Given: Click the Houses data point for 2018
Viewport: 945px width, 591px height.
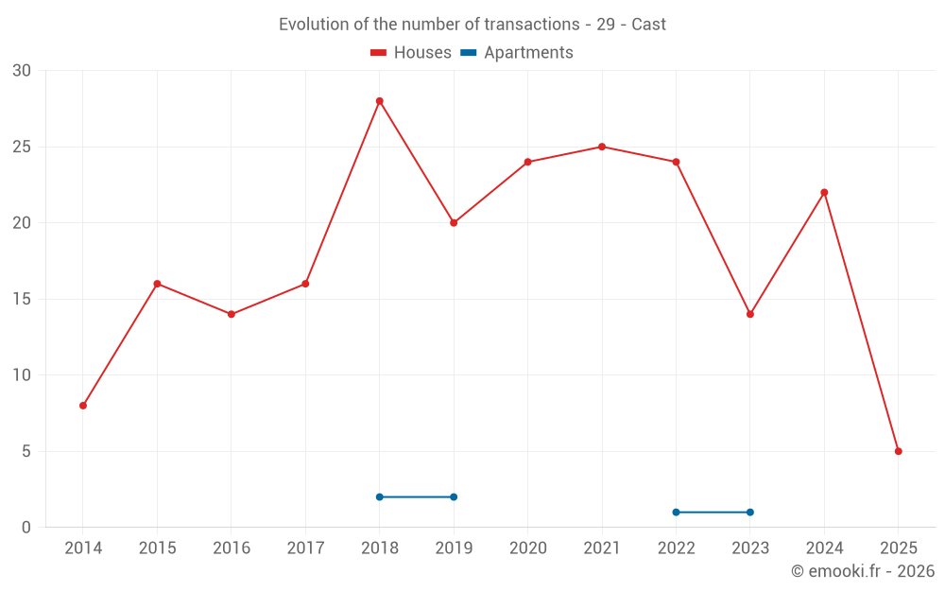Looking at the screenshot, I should tap(379, 101).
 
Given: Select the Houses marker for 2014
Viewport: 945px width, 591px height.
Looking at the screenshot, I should tap(83, 406).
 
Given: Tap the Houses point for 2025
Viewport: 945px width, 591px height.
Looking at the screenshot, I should tap(898, 451).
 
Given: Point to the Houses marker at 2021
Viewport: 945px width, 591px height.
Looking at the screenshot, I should tap(602, 147).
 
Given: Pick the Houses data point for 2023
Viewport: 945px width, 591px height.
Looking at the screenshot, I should tap(750, 314).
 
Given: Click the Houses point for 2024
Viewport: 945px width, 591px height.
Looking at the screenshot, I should tap(824, 192).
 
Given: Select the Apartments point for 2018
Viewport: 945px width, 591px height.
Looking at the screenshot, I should tap(379, 496).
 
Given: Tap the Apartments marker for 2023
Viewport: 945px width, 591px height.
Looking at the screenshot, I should tap(750, 513).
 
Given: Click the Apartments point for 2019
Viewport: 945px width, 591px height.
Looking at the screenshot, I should tap(454, 496).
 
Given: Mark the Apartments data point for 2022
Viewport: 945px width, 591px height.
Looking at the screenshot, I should tap(676, 513).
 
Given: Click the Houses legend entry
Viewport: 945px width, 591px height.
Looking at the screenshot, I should tap(411, 53).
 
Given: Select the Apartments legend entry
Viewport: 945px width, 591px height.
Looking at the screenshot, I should tap(517, 53).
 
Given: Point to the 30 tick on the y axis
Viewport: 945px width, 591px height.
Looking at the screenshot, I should tap(22, 71).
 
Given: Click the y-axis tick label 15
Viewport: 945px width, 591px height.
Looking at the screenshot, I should tap(22, 299).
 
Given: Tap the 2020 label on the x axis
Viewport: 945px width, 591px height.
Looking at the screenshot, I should tap(527, 548).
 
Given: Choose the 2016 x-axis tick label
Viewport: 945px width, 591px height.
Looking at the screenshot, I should tap(231, 548).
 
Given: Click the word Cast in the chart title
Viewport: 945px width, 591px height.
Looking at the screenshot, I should tap(648, 25).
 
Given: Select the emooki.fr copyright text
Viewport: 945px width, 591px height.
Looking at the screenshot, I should tap(863, 571).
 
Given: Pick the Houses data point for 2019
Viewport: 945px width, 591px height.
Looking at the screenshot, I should tap(454, 223).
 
